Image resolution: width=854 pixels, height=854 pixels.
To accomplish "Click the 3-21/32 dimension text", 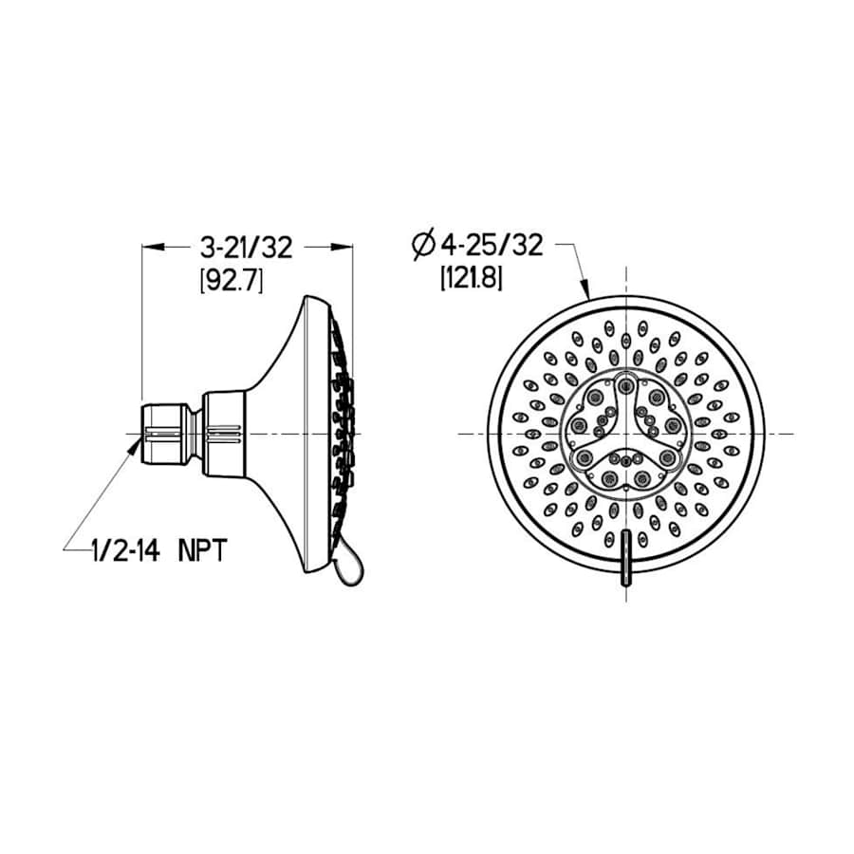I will (246, 248).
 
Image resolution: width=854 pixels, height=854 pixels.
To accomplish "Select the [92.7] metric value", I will (231, 281).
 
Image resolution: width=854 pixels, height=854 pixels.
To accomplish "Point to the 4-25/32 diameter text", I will (489, 246).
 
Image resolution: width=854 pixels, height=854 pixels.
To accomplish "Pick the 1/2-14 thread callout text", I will (131, 551).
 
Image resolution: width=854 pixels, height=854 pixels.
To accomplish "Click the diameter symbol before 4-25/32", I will (423, 246).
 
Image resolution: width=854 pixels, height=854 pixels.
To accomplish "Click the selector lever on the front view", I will (626, 564).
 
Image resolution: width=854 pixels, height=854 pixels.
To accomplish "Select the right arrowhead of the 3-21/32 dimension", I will (343, 248).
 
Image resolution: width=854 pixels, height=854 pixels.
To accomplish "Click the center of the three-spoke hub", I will (626, 433).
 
